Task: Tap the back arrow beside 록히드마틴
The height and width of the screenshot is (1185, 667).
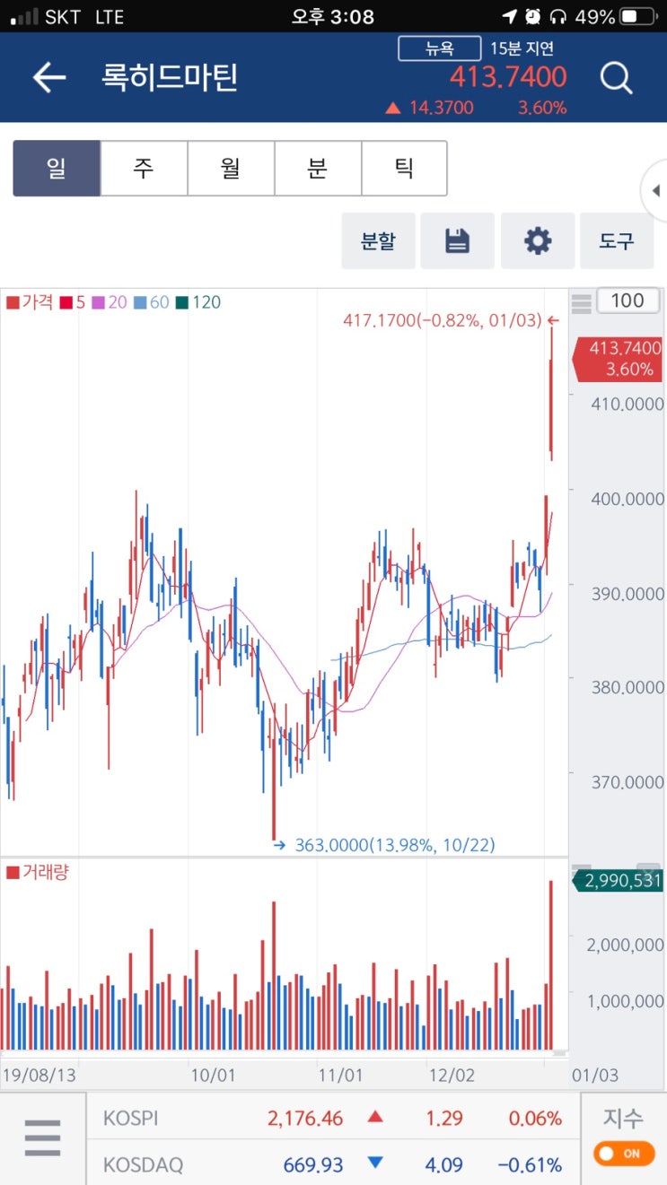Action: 49,78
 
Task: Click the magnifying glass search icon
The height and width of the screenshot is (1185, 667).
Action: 616,79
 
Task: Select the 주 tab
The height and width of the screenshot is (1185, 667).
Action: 144,168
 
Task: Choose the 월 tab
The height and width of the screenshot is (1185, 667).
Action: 231,168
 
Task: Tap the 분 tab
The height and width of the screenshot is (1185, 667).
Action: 318,168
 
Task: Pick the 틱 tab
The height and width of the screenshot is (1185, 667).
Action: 404,168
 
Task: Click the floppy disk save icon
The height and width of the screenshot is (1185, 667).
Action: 457,240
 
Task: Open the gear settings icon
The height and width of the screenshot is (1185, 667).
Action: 537,240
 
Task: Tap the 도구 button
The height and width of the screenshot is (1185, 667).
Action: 616,240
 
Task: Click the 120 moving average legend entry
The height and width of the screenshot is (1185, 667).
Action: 199,302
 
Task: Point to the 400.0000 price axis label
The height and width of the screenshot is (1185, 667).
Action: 627,498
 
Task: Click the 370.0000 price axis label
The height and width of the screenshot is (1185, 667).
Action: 627,782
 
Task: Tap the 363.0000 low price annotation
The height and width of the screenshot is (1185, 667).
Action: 394,845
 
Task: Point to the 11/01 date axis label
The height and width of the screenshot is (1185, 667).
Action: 341,1075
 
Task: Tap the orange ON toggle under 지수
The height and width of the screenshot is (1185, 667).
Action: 624,1153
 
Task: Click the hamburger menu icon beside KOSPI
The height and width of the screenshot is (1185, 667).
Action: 42,1138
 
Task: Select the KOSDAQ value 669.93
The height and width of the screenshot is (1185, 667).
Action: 313,1164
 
